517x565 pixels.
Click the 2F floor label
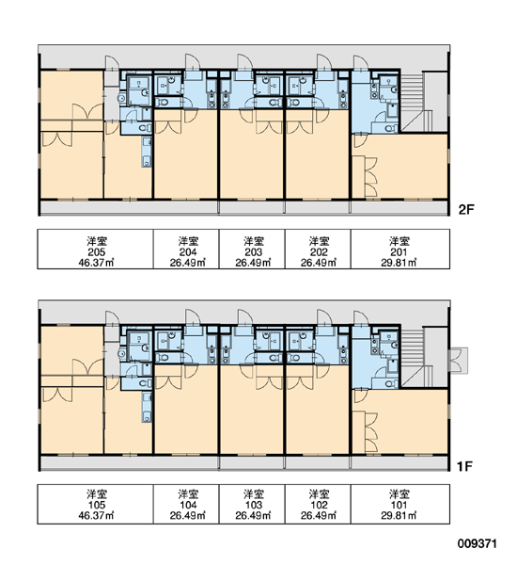tap(466, 209)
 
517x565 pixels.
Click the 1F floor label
tap(464, 466)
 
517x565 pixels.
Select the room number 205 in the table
tap(97, 252)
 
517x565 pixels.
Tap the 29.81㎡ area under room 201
tap(399, 263)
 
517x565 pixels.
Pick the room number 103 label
tap(253, 505)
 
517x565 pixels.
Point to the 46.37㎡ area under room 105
tap(96, 516)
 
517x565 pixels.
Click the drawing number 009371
tap(478, 543)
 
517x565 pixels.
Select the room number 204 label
tap(188, 252)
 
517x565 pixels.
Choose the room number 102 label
tap(319, 505)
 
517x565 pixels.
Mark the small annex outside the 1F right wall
tap(458, 361)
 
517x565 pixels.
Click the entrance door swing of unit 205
tap(112, 62)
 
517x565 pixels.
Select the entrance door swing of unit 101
tap(361, 318)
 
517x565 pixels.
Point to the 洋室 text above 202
tap(319, 241)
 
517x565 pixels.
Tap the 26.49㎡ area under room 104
tap(188, 516)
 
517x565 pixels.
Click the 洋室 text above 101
tap(399, 494)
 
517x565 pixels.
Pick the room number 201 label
tap(399, 252)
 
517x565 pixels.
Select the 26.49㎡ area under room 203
tap(253, 263)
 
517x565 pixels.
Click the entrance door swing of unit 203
tap(244, 61)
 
